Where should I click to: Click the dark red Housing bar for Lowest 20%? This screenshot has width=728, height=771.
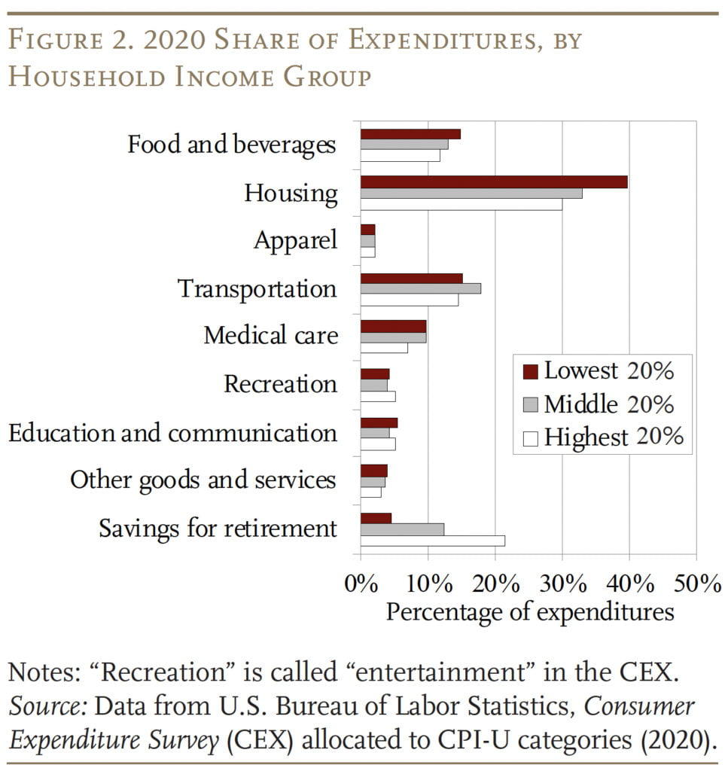tap(493, 181)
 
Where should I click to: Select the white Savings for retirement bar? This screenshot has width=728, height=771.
tap(432, 541)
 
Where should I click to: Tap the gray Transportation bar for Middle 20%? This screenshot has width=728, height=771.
tap(420, 288)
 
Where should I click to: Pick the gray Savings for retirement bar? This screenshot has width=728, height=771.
tap(402, 529)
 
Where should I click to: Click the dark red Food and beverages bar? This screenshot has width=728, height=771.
tap(410, 133)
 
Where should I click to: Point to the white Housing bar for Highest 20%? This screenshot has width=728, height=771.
tap(461, 204)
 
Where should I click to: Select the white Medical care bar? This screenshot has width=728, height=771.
tap(384, 348)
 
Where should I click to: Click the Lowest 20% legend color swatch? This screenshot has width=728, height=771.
tap(530, 371)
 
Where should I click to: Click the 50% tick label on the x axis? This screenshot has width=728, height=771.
tap(696, 584)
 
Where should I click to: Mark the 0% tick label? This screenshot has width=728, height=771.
tap(360, 584)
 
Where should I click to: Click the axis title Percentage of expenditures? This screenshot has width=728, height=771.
tap(529, 611)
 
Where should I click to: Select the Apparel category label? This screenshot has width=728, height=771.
tap(295, 241)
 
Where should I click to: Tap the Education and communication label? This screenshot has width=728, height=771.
tap(172, 433)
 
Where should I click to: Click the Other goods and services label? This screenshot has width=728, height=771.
tap(203, 480)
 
